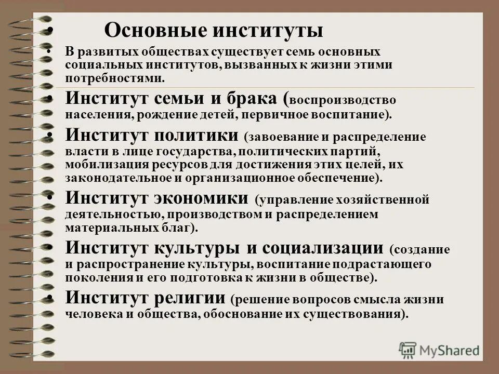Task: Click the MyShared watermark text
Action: (450, 350)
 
